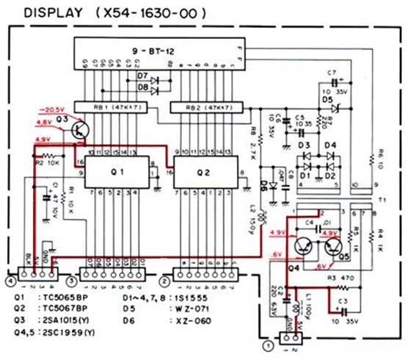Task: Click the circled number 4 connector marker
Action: point(10,280)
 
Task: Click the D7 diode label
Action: point(142,76)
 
